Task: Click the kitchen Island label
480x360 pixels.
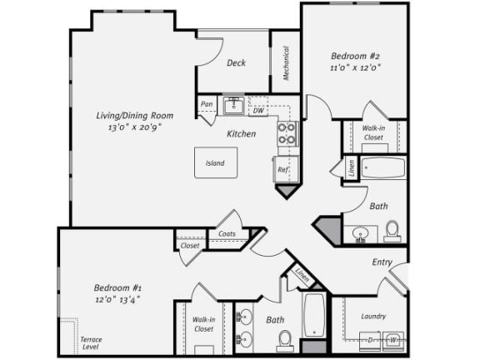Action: click(x=215, y=162)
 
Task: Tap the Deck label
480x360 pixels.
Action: click(x=236, y=62)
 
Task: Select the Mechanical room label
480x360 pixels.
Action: click(x=286, y=63)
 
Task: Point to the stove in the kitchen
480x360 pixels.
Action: click(x=287, y=133)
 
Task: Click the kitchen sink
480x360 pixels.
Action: click(x=233, y=105)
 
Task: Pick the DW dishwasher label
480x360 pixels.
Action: click(x=258, y=110)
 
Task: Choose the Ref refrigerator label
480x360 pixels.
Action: click(x=282, y=169)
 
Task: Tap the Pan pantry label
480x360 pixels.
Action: click(x=207, y=104)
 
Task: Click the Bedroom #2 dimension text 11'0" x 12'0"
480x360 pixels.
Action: click(x=355, y=67)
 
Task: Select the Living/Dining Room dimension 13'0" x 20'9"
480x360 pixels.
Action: click(x=135, y=127)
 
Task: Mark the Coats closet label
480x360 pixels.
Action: click(x=227, y=233)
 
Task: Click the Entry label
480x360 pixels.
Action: click(x=382, y=262)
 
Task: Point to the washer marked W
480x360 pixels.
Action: click(x=393, y=341)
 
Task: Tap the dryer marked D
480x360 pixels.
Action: click(x=370, y=341)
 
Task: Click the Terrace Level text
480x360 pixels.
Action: click(x=91, y=343)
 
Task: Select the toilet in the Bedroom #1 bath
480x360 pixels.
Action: click(x=285, y=341)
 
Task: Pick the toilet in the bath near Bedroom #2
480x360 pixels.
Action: click(x=392, y=232)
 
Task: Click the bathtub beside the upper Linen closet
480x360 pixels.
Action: click(x=383, y=167)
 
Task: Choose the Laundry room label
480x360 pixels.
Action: click(x=373, y=316)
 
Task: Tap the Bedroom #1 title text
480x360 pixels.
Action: click(x=117, y=287)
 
